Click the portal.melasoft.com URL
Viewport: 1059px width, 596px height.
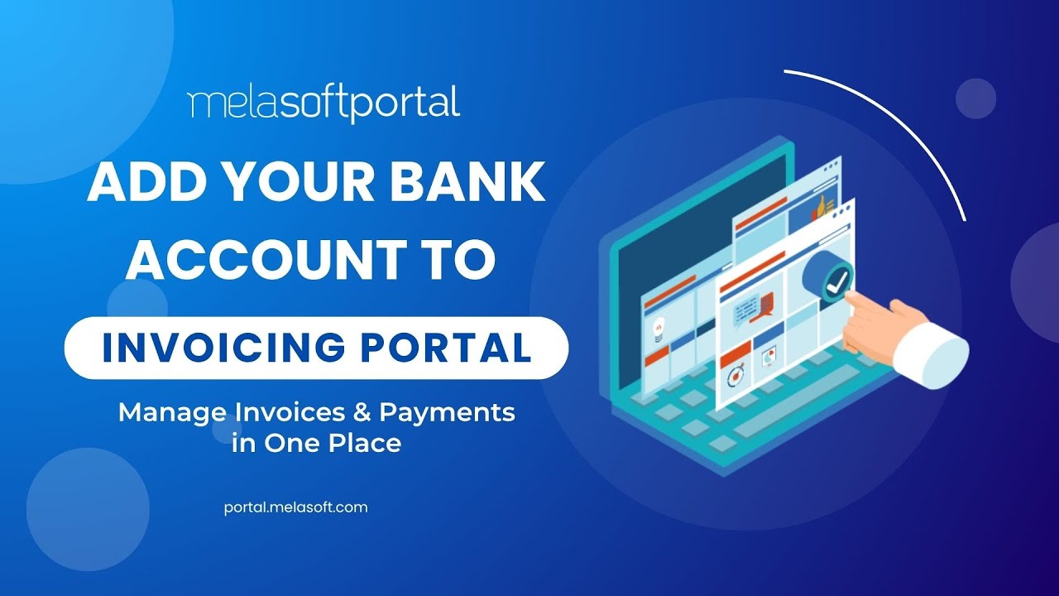[295, 507]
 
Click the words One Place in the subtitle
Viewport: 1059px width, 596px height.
[333, 443]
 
